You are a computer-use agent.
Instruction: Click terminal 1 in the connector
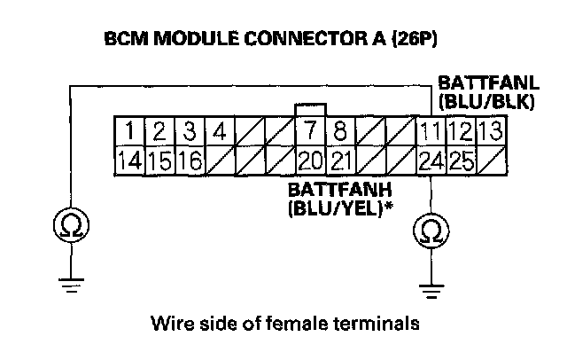129,134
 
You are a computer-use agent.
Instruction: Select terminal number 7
310,134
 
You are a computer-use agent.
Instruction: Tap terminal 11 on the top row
431,134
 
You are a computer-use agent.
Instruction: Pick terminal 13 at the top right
491,134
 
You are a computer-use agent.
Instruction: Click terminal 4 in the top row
219,134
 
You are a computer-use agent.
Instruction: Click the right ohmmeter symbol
431,231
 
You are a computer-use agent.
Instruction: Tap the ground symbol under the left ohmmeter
70,283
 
